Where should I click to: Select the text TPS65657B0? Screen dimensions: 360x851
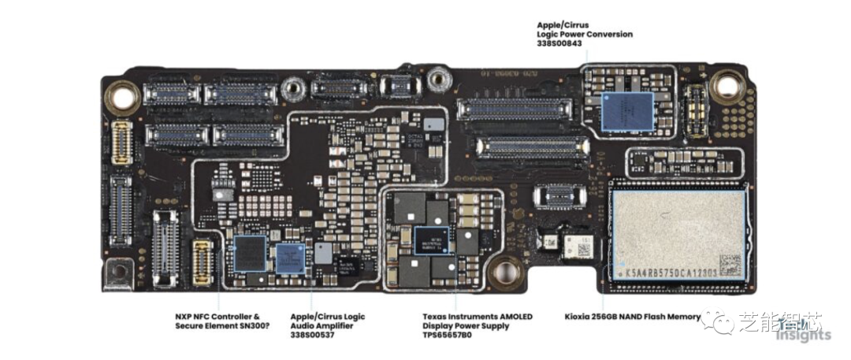coord(447,335)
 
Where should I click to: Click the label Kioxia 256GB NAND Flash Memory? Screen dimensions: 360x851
coord(633,317)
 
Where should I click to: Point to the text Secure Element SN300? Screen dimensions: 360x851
coord(222,325)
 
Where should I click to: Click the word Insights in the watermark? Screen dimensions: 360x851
coord(803,335)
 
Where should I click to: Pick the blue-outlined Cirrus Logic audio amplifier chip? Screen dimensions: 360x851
coord(290,257)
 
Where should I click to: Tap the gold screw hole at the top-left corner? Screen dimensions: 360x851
coord(123,97)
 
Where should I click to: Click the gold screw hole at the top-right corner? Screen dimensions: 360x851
coord(726,85)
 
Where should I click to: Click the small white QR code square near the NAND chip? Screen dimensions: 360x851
coord(584,250)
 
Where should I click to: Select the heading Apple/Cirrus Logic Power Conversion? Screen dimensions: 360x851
coord(584,29)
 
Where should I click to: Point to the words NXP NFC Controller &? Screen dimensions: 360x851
coord(217,317)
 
